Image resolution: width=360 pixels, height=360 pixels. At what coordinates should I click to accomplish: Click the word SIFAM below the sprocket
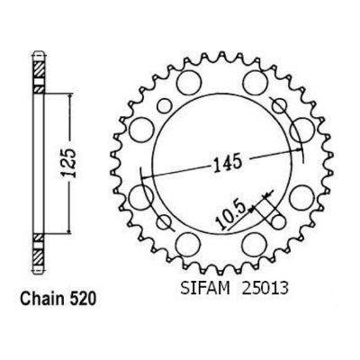[x=205, y=288]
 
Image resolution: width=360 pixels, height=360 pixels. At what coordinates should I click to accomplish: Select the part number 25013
[x=265, y=288]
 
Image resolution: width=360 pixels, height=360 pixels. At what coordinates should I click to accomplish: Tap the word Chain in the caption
[x=41, y=299]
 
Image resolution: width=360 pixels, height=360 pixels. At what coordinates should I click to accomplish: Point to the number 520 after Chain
[x=82, y=299]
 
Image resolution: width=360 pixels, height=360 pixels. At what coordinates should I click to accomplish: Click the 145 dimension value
[x=227, y=163]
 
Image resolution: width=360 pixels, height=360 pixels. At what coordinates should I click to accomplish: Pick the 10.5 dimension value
[x=231, y=215]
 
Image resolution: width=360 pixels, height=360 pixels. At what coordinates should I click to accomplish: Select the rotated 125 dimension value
[x=68, y=163]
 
